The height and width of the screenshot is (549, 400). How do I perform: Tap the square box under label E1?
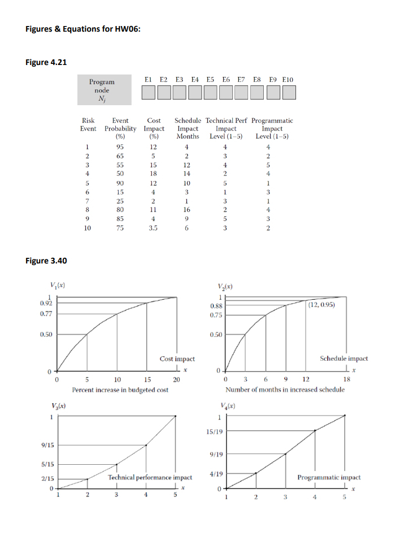point(149,93)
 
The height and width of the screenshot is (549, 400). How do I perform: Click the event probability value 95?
point(120,146)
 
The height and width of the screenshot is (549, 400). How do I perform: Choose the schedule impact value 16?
point(187,210)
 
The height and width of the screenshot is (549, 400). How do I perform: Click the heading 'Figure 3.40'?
point(47,261)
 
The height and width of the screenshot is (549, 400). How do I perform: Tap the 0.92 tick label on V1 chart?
point(46,305)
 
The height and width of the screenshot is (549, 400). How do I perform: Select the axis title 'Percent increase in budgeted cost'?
point(120,390)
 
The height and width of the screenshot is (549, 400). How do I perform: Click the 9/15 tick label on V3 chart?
point(47,445)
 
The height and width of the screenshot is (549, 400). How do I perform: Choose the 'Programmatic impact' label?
point(329,477)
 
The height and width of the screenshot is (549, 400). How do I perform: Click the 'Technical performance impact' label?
point(150,477)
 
